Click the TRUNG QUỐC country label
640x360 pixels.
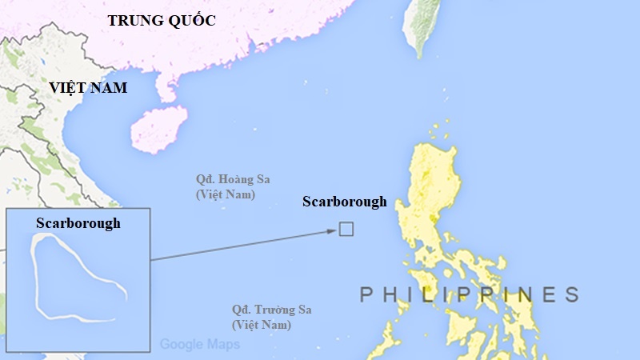click(162, 21)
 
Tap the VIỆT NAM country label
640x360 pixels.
click(88, 88)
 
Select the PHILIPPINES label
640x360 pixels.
click(469, 294)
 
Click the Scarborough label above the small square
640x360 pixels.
click(344, 202)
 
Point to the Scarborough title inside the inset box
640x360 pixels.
click(78, 223)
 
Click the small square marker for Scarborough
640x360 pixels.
click(346, 230)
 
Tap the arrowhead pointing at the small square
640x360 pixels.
click(330, 232)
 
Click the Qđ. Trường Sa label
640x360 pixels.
click(271, 310)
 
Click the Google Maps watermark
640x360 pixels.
click(199, 345)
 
